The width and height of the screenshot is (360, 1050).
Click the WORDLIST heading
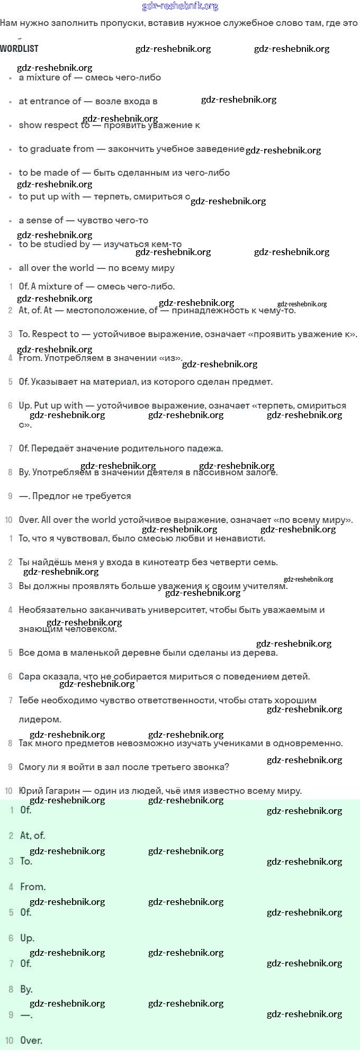tap(19, 49)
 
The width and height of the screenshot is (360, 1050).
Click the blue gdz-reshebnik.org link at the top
tap(180, 6)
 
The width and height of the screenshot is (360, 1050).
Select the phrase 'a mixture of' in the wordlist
tap(45, 77)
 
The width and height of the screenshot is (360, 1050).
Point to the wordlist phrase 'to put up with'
tap(49, 196)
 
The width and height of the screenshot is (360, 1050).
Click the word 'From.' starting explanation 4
tap(30, 358)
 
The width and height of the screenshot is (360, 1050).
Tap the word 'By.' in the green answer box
tap(26, 989)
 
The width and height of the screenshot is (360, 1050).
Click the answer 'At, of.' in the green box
tap(32, 836)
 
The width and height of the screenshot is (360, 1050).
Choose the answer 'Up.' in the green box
tap(27, 938)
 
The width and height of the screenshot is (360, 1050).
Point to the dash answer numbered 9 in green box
tap(26, 1015)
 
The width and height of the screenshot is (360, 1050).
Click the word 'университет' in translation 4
tap(178, 610)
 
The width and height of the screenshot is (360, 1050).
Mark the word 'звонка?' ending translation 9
tap(212, 767)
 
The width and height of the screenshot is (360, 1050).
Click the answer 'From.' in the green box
tap(33, 886)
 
